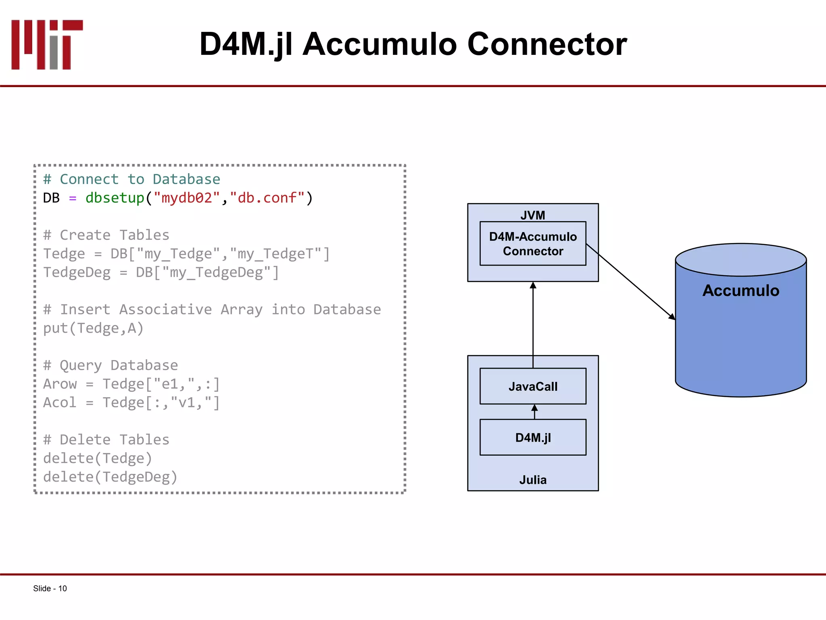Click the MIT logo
[47, 44]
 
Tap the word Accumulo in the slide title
[380, 44]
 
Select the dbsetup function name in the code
[115, 198]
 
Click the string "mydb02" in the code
[187, 198]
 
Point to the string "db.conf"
[267, 198]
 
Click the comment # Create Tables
[106, 235]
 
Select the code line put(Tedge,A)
[93, 328]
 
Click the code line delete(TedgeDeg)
[110, 477]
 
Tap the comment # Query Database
[111, 365]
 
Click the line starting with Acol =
[131, 402]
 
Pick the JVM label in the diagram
[532, 215]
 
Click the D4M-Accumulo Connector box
[532, 244]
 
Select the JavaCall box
[532, 386]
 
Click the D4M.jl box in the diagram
[532, 438]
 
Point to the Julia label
[532, 480]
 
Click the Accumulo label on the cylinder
[740, 291]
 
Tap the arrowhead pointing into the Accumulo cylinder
[672, 316]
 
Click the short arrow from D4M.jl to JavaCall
[534, 411]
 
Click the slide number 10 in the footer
[63, 589]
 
